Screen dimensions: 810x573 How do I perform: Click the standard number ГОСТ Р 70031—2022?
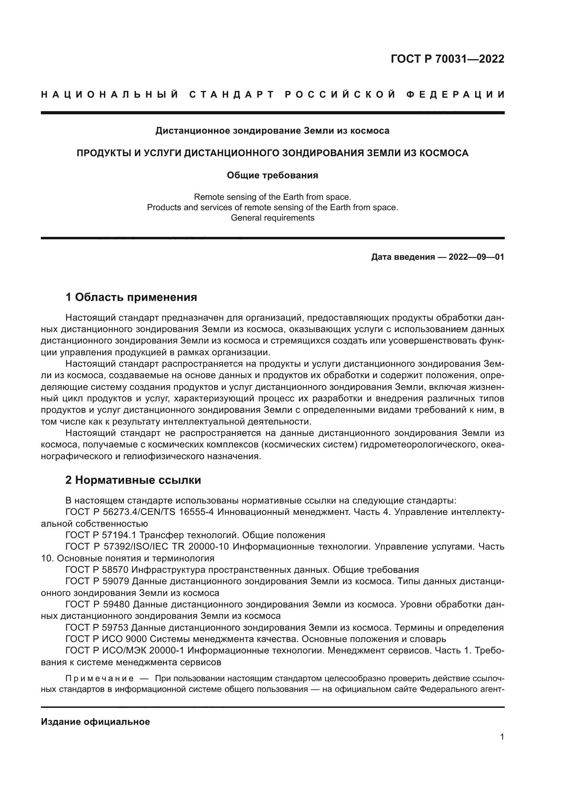click(447, 59)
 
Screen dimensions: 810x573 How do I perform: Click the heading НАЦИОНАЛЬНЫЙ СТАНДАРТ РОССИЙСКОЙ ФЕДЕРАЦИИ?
click(272, 95)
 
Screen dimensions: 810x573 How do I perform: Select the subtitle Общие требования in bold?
click(272, 175)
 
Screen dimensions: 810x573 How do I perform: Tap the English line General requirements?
click(272, 218)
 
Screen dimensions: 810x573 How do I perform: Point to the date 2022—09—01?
click(476, 257)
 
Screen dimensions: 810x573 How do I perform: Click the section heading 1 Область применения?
click(131, 297)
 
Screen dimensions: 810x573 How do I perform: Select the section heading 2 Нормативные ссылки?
click(133, 480)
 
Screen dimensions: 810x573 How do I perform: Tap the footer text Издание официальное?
click(95, 722)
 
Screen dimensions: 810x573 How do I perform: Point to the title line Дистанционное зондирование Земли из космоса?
click(272, 131)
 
